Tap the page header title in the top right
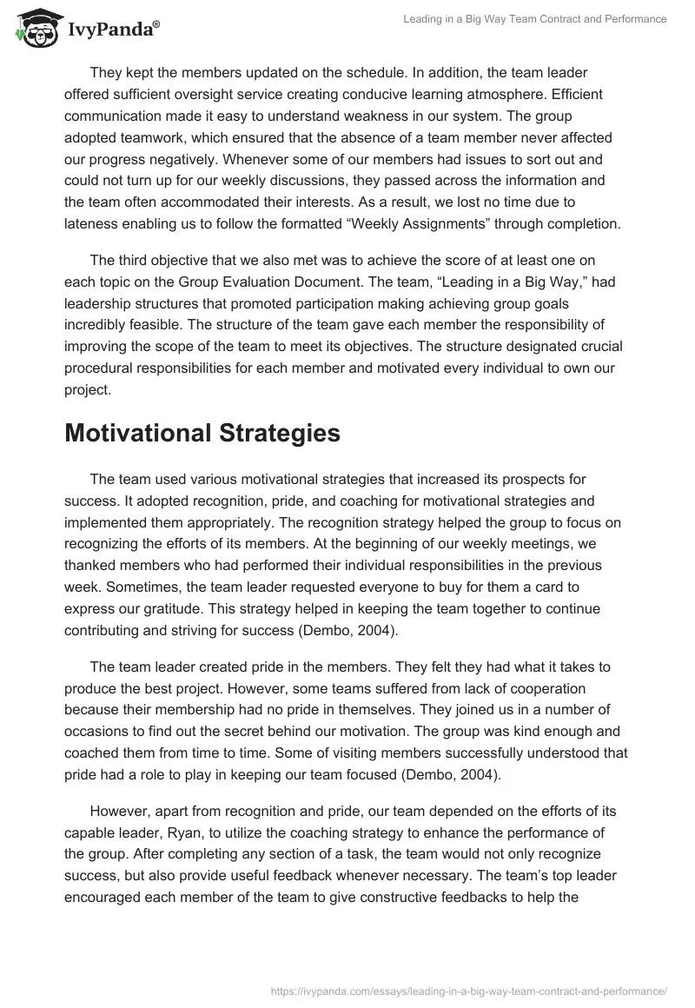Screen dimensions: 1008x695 click(x=536, y=20)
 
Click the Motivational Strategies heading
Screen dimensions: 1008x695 click(x=202, y=434)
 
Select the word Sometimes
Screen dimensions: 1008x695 click(x=98, y=587)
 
